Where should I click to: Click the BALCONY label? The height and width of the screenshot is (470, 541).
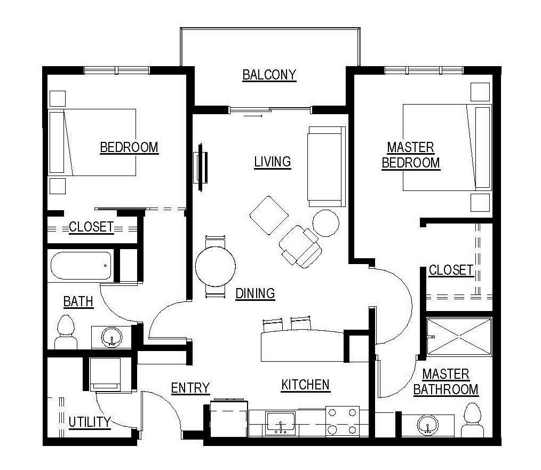click(x=269, y=75)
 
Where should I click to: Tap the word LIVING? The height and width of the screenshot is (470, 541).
click(x=272, y=161)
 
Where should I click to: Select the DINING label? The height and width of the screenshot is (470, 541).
click(x=255, y=293)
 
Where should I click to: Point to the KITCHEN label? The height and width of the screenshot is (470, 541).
click(x=305, y=385)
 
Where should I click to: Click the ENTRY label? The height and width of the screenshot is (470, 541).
click(x=190, y=388)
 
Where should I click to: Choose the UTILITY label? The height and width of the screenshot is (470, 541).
click(x=89, y=422)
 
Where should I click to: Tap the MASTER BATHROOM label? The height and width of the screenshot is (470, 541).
click(x=445, y=381)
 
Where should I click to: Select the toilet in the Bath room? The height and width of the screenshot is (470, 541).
click(x=66, y=333)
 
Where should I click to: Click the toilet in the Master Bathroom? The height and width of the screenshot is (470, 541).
click(x=473, y=420)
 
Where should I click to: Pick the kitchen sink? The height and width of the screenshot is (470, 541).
click(x=280, y=424)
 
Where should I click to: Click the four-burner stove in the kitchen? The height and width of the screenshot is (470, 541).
click(x=342, y=421)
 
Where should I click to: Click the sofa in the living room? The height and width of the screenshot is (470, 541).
click(x=325, y=166)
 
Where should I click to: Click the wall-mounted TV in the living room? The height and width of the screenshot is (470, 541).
click(x=201, y=166)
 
